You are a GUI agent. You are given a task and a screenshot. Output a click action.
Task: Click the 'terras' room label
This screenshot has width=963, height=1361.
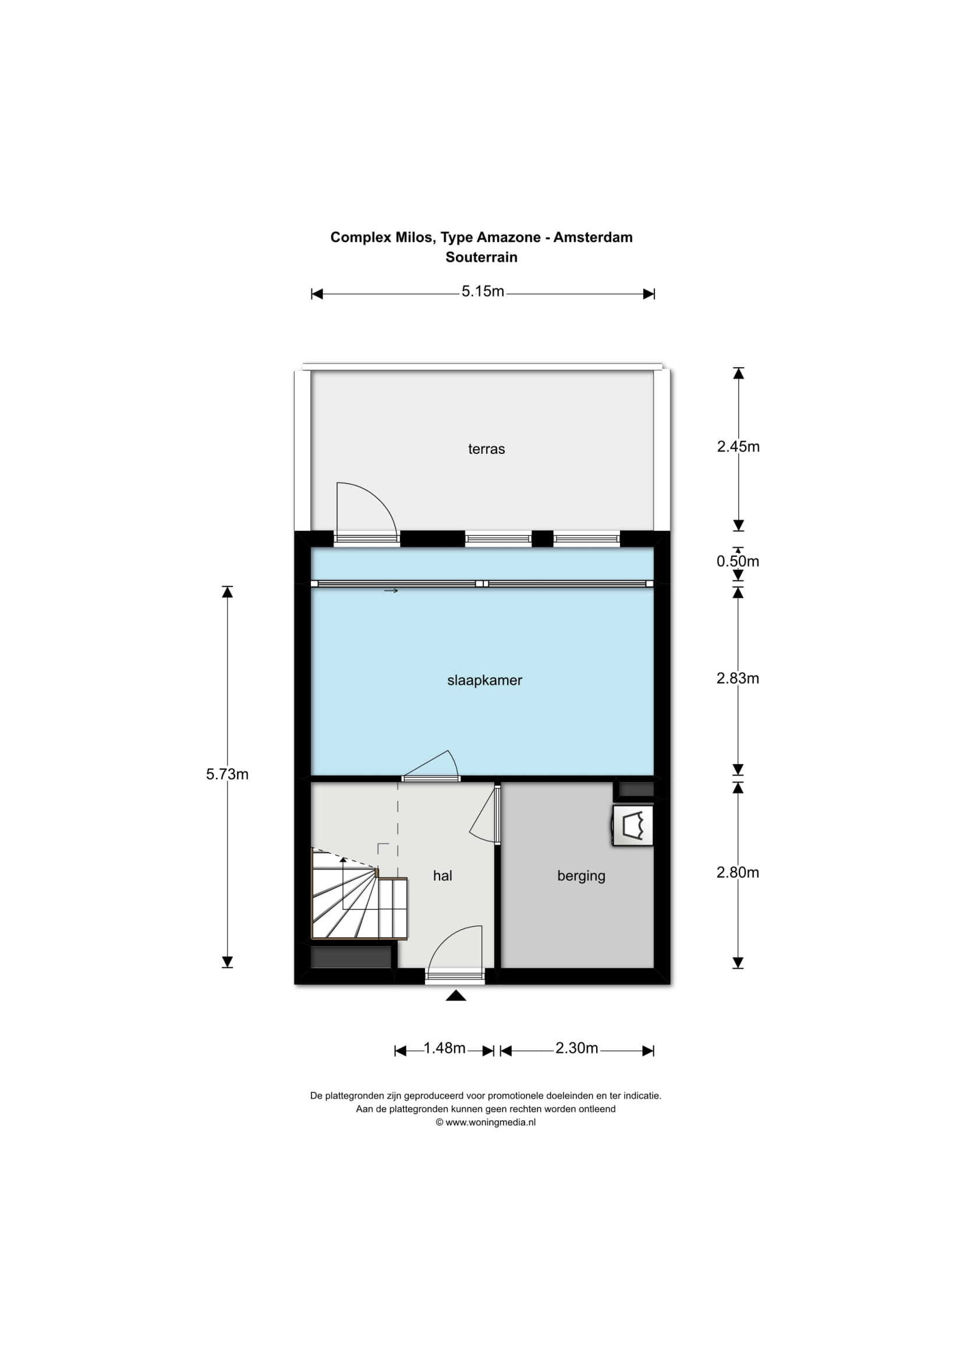click(x=486, y=449)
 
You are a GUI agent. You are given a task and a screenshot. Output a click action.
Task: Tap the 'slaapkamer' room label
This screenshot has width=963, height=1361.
click(x=484, y=681)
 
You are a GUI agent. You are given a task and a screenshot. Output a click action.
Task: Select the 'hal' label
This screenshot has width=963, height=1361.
click(x=442, y=876)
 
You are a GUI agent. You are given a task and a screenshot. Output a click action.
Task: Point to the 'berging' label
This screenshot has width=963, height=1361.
click(x=581, y=876)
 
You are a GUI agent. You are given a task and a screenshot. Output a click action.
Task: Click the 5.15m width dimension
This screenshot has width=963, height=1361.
click(x=483, y=292)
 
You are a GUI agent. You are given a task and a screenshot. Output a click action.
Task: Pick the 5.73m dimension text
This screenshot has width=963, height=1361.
click(x=227, y=774)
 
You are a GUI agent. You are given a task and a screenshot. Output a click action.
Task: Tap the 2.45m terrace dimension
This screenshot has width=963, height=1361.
click(x=738, y=447)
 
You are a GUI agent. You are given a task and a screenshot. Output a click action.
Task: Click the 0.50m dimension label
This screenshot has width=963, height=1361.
click(x=738, y=562)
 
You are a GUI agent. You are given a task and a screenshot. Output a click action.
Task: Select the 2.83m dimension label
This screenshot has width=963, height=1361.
click(x=738, y=678)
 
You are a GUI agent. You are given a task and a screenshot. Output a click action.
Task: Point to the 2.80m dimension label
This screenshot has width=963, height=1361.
click(x=738, y=873)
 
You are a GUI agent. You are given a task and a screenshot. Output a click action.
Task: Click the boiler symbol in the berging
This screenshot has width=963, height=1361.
click(x=633, y=825)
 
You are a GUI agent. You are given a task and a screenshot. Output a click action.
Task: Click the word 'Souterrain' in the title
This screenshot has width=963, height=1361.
click(x=481, y=257)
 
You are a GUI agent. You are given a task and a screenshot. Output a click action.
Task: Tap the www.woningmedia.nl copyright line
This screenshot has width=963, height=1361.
click(x=486, y=1122)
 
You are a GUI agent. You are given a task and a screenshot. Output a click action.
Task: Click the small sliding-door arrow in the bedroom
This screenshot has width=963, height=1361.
click(x=391, y=591)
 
